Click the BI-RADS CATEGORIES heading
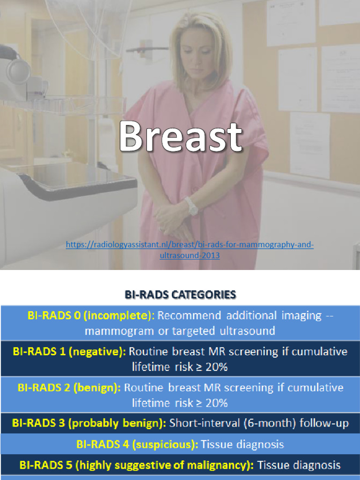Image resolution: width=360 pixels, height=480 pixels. (x=180, y=295)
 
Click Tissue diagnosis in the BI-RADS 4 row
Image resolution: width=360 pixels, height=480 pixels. (x=242, y=444)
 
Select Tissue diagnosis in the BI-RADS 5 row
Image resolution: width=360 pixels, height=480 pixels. (x=299, y=465)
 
